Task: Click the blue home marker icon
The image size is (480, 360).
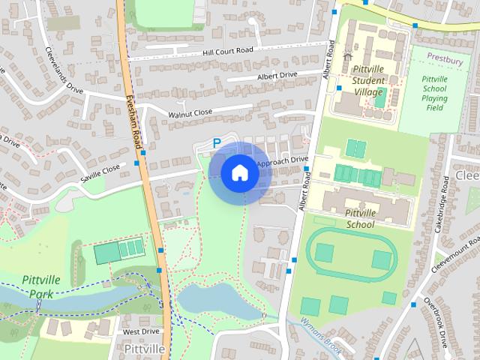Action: [239, 173]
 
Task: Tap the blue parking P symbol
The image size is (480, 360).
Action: [217, 142]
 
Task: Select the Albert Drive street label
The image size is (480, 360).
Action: [277, 75]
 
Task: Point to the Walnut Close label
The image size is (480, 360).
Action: [190, 112]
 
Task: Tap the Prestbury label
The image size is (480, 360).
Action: [445, 57]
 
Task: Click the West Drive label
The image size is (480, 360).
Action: [141, 331]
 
